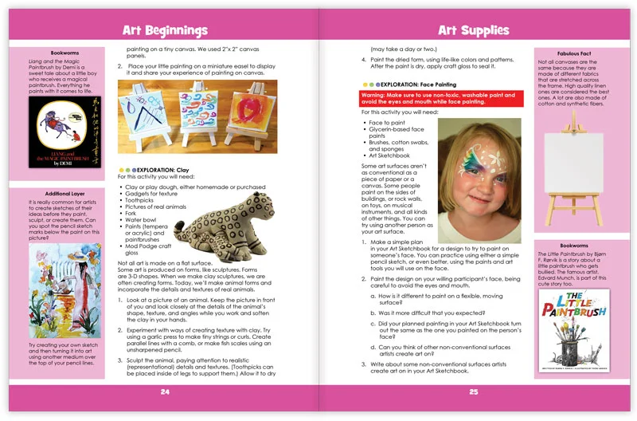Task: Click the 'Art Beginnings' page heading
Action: (165, 31)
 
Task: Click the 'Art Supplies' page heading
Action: (473, 31)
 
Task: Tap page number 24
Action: (165, 391)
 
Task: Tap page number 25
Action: (473, 391)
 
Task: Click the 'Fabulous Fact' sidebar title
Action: (569, 53)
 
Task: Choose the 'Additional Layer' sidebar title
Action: (65, 194)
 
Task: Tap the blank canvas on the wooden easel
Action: (569, 162)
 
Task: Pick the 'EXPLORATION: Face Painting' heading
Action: (412, 83)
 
